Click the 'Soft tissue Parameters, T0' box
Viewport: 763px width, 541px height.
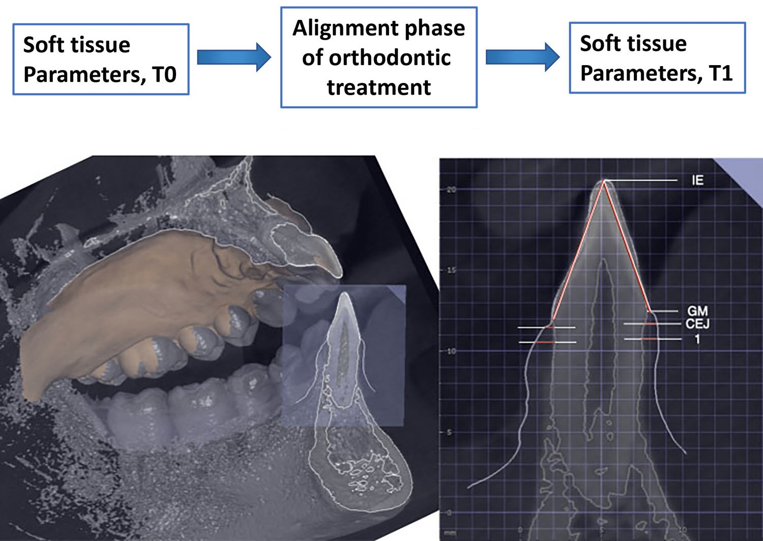(101, 59)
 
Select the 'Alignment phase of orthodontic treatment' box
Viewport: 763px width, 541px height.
(378, 57)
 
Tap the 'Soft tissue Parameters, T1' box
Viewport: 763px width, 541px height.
(657, 57)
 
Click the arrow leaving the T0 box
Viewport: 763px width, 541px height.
(233, 57)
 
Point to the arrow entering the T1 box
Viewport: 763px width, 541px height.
(522, 56)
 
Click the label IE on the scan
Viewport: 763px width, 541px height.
(697, 180)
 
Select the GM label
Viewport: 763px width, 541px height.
(697, 311)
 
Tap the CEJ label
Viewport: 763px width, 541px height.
(697, 324)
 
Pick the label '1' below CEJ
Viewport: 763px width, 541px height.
(697, 339)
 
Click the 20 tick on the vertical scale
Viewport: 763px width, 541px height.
(451, 190)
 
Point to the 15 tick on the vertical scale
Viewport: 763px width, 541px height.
(451, 270)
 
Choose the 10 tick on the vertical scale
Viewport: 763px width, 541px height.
(451, 351)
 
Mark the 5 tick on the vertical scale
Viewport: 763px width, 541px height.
(449, 432)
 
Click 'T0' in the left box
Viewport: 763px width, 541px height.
(164, 75)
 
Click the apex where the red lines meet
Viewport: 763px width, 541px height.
(604, 181)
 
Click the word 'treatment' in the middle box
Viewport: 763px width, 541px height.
(378, 87)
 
